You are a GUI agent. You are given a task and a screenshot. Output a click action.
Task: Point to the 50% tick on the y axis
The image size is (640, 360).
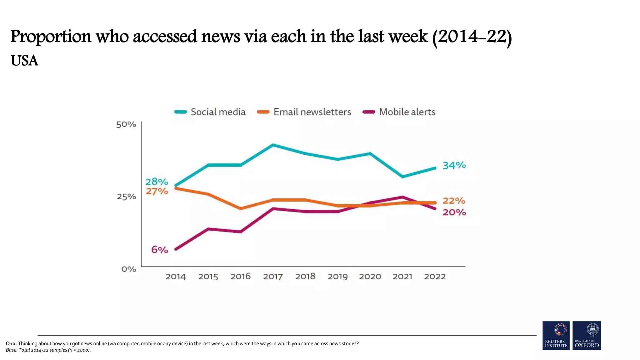point(126,124)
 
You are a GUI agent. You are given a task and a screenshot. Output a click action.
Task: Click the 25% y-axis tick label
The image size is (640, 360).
point(126,197)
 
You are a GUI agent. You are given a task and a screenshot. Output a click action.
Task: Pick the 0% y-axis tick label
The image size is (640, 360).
point(128,269)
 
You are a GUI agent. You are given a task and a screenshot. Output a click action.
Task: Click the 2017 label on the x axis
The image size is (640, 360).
point(273,277)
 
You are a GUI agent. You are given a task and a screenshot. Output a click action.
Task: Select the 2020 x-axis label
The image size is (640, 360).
point(370,277)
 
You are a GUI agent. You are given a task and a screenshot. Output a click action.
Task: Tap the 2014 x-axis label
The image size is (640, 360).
point(176,277)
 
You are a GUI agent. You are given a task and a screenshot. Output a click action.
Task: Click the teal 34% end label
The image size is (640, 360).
point(454,165)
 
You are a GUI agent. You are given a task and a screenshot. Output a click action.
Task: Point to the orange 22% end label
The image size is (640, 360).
point(454,201)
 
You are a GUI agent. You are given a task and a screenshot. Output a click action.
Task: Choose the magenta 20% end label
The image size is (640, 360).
point(454,212)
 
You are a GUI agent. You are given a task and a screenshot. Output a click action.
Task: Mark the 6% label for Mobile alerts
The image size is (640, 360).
point(160,250)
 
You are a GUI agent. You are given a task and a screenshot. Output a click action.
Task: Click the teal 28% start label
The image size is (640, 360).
point(157,182)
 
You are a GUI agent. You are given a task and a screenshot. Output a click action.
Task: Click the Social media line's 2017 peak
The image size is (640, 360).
point(273,145)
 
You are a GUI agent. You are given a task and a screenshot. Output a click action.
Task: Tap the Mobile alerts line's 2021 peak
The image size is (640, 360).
point(402,197)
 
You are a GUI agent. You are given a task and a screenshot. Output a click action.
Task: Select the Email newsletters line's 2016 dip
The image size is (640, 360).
point(241,208)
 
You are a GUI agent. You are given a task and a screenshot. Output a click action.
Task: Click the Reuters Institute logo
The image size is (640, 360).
point(556,335)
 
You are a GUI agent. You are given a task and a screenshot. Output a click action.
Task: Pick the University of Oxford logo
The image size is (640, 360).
point(587,335)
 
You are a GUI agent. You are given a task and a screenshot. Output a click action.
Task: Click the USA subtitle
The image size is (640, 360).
point(24,61)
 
